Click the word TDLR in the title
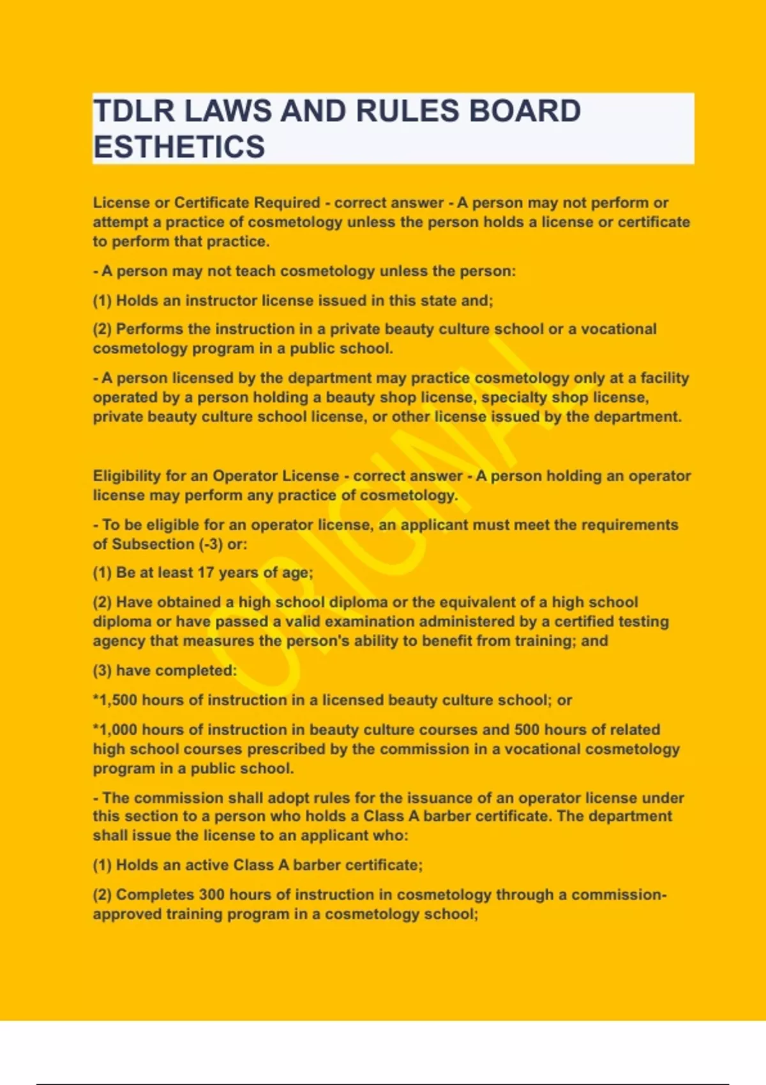[133, 111]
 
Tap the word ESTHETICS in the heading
[179, 147]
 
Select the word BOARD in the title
[525, 111]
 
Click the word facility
[665, 378]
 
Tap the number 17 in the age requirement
[206, 572]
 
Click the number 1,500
[117, 700]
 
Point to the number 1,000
[117, 730]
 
